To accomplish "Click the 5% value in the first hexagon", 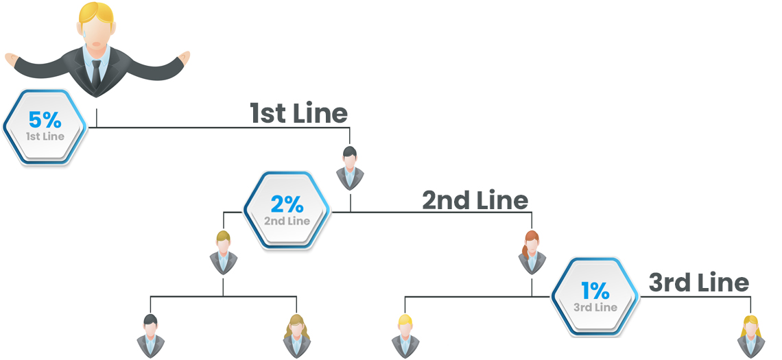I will (45, 120).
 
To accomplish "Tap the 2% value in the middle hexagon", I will (287, 204).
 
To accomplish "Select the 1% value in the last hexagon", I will (595, 290).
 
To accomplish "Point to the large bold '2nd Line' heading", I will (475, 200).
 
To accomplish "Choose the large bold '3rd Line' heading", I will (698, 283).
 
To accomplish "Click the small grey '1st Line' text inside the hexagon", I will (45, 136).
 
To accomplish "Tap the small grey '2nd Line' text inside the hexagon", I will (287, 221).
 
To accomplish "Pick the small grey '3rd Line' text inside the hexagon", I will (595, 307).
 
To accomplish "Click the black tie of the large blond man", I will (96, 72).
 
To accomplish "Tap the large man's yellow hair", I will (96, 14).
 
